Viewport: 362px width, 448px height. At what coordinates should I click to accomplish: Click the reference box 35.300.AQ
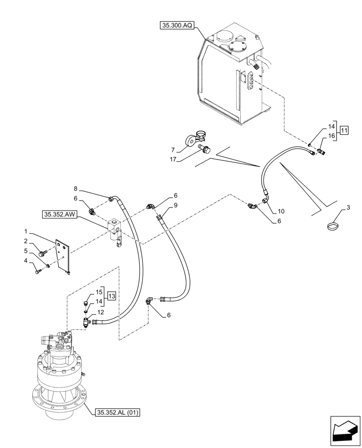(177, 26)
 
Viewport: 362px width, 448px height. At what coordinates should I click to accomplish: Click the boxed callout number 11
(344, 131)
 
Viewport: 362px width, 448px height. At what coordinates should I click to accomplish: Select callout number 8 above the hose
(76, 189)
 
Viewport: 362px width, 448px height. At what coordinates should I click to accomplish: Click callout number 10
(281, 211)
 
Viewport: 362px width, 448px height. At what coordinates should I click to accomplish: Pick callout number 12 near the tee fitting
(101, 312)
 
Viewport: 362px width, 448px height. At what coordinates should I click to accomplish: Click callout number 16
(332, 135)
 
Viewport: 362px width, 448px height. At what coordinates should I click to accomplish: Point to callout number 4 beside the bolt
(26, 260)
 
